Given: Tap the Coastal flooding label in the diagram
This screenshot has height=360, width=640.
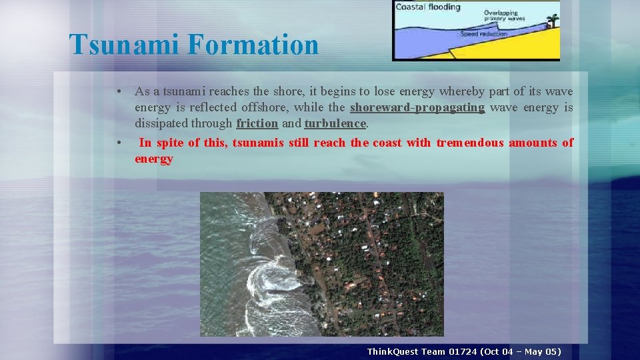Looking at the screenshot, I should (428, 7).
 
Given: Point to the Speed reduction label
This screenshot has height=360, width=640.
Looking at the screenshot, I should (485, 34).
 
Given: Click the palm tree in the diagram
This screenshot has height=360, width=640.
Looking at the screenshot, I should (552, 20).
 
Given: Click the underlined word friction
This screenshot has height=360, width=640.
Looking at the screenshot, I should (257, 123).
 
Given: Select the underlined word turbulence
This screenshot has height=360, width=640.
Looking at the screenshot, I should (335, 123).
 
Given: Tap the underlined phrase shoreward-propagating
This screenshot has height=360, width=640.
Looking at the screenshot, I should (417, 107).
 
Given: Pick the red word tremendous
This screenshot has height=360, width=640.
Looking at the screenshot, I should (470, 143).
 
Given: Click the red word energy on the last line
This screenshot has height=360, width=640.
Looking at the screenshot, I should (154, 159).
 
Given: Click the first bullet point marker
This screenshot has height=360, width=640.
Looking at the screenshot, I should (117, 91).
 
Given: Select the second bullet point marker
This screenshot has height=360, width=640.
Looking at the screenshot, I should (117, 143).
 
